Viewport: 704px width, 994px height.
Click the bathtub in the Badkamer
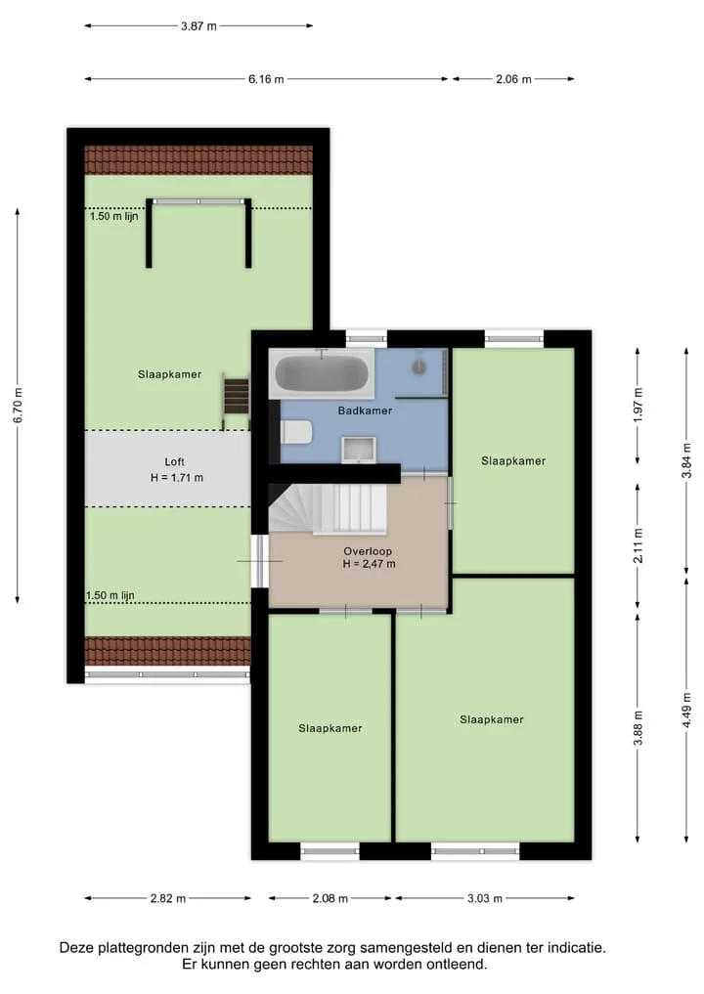(322, 373)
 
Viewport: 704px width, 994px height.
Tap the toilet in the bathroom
(296, 432)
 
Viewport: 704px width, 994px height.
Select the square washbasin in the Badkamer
(359, 450)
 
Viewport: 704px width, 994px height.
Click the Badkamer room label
(365, 411)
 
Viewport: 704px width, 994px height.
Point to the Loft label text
(174, 462)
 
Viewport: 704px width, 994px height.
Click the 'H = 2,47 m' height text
(370, 564)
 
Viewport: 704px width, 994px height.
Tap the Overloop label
(368, 551)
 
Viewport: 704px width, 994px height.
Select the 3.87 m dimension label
(198, 26)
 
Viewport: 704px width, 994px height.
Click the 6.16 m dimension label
(266, 79)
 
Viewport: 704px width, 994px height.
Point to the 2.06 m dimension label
(513, 79)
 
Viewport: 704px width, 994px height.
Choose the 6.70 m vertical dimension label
(18, 405)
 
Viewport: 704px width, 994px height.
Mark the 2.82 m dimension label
(168, 898)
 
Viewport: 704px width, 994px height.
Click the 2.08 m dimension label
(330, 898)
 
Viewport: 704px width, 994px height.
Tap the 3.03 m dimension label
(485, 898)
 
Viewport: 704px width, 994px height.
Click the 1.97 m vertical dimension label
(638, 405)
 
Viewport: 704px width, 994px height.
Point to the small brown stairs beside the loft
(236, 396)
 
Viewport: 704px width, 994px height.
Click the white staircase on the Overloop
(328, 509)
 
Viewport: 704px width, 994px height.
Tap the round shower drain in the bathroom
(419, 366)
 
